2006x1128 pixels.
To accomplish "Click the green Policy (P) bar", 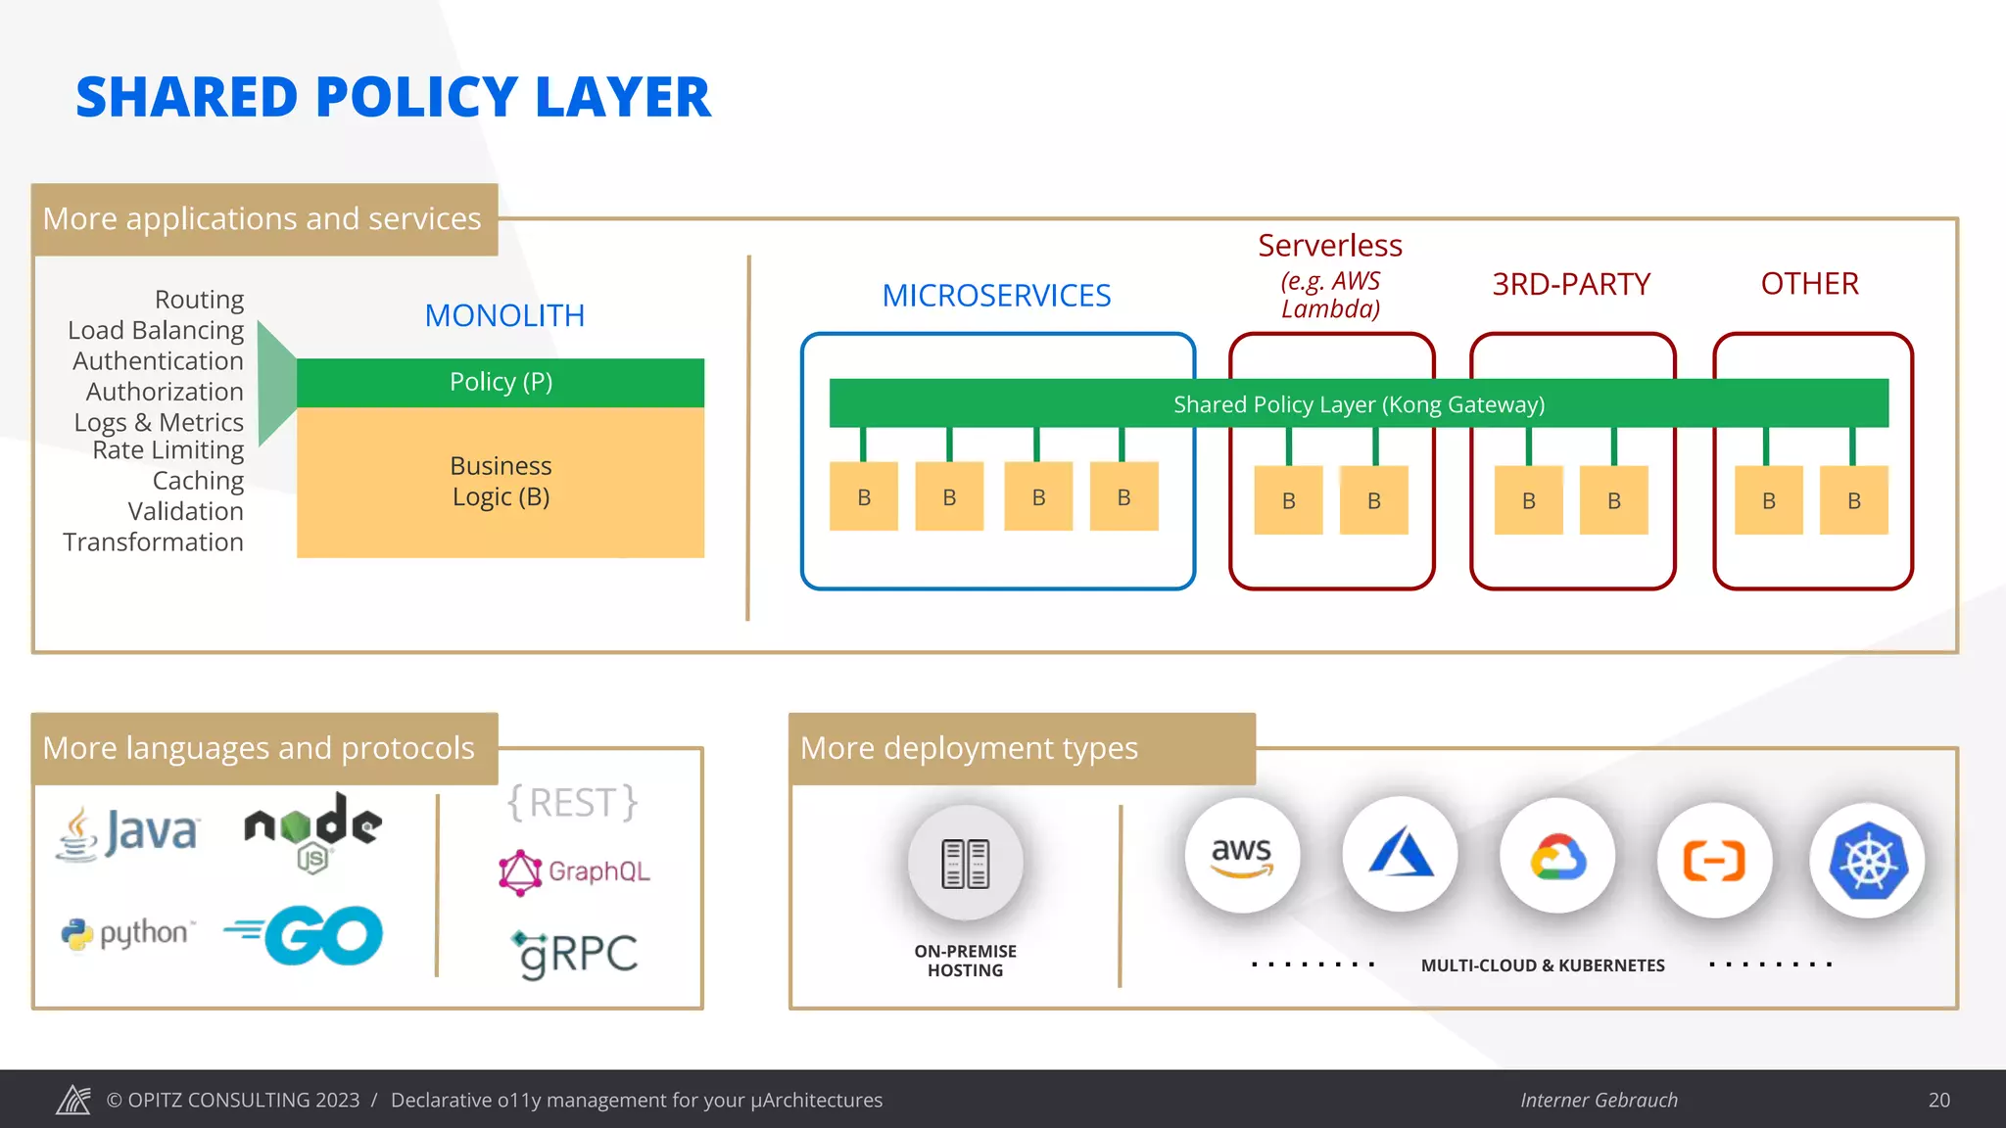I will point(501,382).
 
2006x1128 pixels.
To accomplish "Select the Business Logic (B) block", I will point(501,482).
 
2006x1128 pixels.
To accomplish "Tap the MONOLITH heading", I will point(504,315).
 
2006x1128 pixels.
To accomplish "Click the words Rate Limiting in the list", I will point(167,450).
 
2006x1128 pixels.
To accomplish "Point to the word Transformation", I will point(153,542).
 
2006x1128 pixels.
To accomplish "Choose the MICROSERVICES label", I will point(996,296).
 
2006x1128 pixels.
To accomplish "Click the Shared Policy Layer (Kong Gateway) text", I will point(1359,404).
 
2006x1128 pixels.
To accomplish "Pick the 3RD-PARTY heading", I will point(1571,284).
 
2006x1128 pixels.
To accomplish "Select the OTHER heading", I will point(1809,284).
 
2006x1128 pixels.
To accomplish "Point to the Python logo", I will point(128,933).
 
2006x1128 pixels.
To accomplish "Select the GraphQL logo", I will point(575,871).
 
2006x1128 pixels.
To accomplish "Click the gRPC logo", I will point(575,953).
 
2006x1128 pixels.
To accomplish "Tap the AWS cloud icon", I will point(1241,856).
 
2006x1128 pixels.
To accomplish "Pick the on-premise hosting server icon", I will point(965,863).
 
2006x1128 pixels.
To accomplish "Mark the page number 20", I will point(1938,1100).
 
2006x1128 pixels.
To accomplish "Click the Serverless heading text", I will point(1329,246).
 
